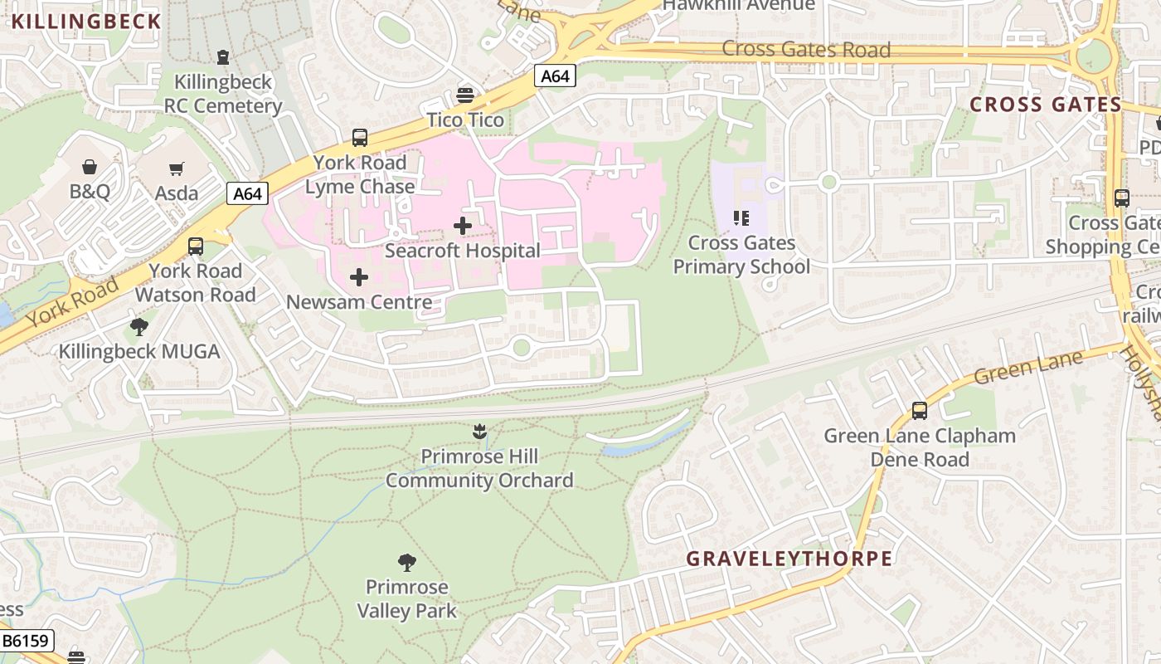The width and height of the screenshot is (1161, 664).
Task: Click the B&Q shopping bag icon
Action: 90,168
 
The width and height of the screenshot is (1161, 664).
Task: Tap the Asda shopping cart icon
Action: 176,169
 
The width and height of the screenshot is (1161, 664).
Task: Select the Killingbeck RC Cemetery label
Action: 222,94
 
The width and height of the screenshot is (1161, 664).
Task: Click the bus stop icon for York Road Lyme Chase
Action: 359,138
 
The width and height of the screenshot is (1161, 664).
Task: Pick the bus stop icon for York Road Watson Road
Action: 196,247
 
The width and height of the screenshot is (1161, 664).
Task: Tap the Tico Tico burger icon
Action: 465,95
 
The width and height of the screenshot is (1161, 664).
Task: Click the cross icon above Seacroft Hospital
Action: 463,225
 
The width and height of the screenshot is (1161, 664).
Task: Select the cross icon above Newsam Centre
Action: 359,276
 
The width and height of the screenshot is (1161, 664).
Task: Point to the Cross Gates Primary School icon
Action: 741,218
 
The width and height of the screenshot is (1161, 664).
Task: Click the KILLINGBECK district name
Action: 86,22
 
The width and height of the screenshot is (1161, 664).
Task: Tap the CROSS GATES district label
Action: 1045,105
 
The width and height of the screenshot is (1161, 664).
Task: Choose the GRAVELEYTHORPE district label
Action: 789,559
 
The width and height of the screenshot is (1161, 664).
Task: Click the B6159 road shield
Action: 27,641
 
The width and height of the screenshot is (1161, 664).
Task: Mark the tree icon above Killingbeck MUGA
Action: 139,326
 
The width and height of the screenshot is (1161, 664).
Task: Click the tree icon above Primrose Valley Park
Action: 406,563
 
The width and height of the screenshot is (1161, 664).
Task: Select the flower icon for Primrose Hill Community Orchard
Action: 478,431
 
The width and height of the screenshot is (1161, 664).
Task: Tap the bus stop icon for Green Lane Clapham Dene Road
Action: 919,410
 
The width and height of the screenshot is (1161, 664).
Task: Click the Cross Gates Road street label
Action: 806,49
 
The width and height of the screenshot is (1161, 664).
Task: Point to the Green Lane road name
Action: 1028,367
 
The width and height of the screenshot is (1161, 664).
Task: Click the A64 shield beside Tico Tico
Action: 555,76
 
